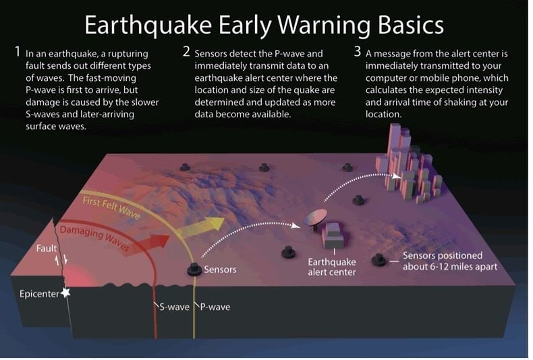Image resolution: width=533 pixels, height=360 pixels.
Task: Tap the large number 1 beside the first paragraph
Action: (x=17, y=51)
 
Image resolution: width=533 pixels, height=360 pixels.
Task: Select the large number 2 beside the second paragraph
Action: (x=186, y=51)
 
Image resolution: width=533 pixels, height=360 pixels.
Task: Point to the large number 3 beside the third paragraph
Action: (x=358, y=51)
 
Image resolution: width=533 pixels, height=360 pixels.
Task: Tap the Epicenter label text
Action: (x=38, y=294)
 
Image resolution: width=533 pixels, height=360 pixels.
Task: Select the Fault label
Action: (x=47, y=249)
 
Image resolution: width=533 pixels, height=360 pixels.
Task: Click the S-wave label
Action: (x=174, y=307)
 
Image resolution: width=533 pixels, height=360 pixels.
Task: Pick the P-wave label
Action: (x=214, y=307)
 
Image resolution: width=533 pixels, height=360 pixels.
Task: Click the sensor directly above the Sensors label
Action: (x=194, y=268)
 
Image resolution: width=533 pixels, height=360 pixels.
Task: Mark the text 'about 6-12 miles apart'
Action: (x=451, y=266)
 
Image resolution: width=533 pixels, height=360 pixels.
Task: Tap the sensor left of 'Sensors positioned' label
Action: (x=378, y=260)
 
